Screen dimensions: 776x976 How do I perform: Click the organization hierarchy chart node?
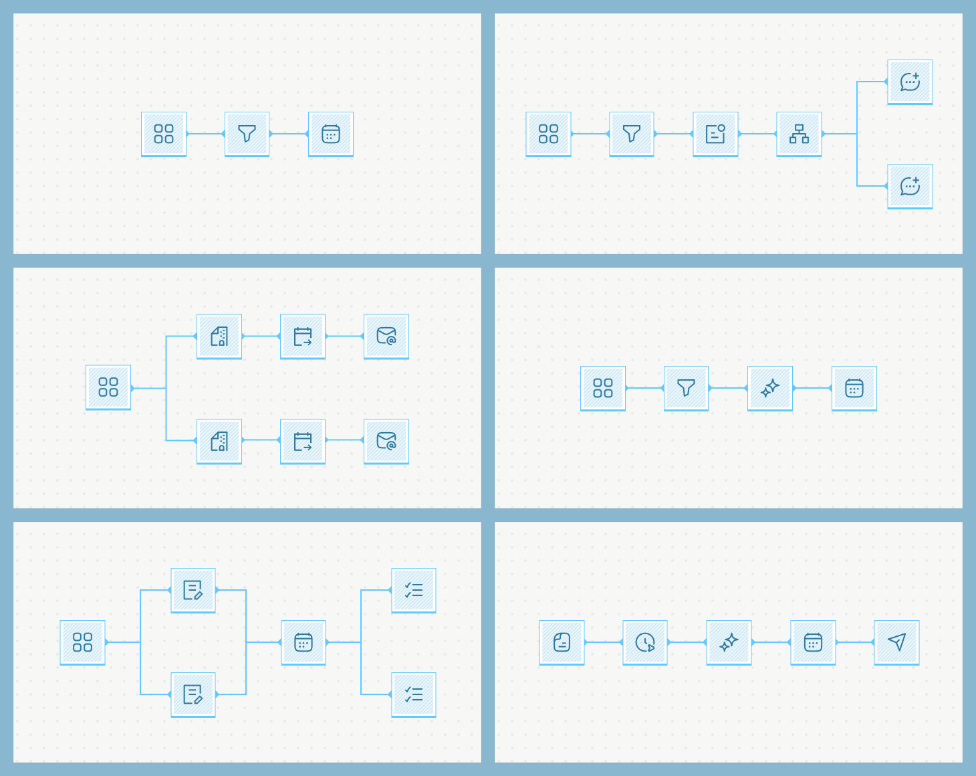799,134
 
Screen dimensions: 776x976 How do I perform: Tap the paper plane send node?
896,642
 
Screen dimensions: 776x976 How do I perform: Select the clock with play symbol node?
645,642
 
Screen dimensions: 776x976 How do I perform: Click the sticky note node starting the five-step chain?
562,642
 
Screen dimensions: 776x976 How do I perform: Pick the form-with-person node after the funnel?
715,134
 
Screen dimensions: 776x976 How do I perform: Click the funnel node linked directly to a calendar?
247,134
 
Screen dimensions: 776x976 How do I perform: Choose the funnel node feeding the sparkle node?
686,388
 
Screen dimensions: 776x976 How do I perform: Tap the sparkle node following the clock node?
729,642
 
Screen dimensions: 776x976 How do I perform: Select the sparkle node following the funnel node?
770,388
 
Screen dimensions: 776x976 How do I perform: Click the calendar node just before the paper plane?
813,642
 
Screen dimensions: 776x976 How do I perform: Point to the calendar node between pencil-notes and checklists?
303,642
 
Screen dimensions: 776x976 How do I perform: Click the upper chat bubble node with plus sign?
910,82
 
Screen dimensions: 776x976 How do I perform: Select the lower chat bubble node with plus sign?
910,186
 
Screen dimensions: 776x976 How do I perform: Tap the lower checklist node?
414,694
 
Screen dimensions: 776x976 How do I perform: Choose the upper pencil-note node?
193,590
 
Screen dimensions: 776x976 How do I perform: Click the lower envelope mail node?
386,441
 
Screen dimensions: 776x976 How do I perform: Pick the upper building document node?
219,336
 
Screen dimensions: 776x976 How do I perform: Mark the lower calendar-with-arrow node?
303,441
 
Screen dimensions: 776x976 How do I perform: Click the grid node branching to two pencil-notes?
82,642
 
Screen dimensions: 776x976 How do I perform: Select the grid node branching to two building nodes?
108,387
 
